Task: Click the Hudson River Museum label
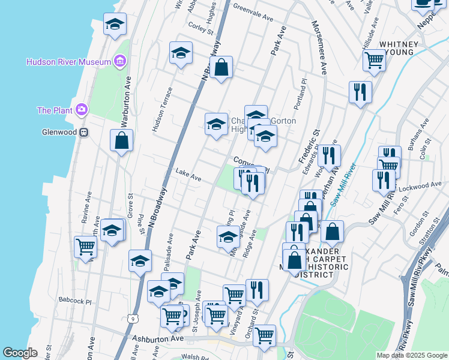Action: coord(68,62)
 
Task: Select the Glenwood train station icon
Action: coord(85,132)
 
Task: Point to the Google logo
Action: coord(20,353)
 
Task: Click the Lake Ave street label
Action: coord(188,179)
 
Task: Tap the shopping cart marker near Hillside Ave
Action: coord(374,60)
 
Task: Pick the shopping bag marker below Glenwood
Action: coord(121,140)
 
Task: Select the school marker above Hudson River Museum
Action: coord(115,25)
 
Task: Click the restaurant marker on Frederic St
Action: coord(328,156)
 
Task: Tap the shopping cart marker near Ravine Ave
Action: coord(86,246)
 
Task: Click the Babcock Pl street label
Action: coord(75,301)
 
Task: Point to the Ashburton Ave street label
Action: coord(157,339)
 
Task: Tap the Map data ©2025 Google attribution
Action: coord(411,355)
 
